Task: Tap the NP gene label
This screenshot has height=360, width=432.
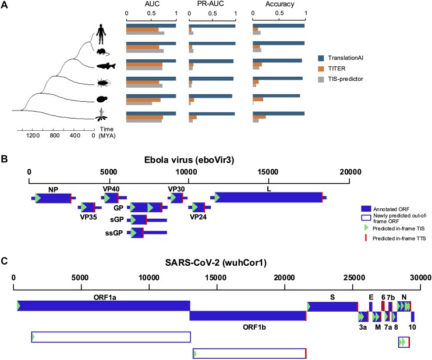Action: (54, 189)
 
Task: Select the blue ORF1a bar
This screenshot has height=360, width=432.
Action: (104, 289)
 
